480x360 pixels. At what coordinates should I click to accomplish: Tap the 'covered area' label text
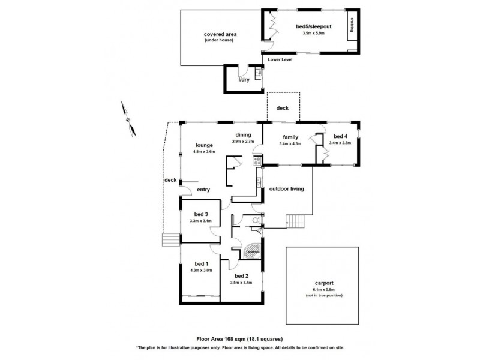(220, 34)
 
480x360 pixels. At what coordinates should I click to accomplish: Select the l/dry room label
(244, 79)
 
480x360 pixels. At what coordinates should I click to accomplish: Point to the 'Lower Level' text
(280, 59)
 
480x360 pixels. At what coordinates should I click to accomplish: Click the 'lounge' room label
(205, 145)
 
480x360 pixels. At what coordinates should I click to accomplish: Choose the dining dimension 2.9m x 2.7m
(244, 142)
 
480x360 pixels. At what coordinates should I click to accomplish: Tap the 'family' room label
(289, 137)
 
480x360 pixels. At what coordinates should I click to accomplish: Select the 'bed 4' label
(340, 136)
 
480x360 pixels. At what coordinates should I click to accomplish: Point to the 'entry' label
(203, 190)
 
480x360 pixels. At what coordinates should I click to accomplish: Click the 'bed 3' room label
(200, 214)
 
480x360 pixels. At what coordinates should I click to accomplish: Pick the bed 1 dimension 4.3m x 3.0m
(200, 270)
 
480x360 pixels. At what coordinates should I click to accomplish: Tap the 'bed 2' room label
(241, 275)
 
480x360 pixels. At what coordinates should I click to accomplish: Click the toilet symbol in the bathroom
(256, 221)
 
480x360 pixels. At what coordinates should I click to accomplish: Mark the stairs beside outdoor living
(296, 221)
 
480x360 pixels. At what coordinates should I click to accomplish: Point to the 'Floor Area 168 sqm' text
(239, 339)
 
